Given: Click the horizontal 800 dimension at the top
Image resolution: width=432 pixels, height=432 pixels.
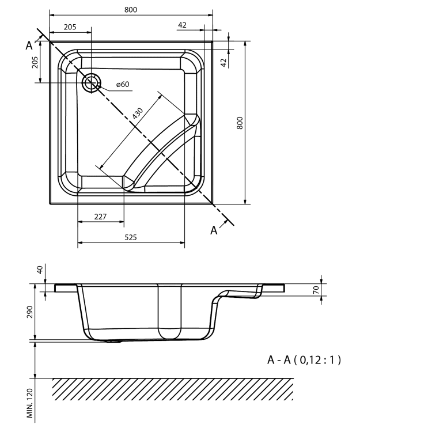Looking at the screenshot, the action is tap(131, 10).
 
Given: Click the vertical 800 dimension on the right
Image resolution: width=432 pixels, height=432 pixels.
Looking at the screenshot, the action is tap(240, 123).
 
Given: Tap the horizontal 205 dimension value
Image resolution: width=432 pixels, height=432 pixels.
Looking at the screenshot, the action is tap(70, 27).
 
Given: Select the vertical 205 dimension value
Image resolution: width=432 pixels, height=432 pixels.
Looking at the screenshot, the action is tap(35, 63).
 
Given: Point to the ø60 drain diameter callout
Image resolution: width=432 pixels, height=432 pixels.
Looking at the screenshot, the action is tap(123, 84).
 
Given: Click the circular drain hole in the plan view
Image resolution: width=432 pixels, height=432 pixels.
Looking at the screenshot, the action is tap(92, 82).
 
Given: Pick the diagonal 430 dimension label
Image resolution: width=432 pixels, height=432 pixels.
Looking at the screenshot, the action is tap(138, 113).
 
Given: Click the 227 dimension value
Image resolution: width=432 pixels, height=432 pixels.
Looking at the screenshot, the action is tap(100, 217).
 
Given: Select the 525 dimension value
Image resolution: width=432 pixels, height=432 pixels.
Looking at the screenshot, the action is tap(131, 237).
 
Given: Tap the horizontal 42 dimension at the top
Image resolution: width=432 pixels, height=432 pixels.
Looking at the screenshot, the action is tap(182, 25).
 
